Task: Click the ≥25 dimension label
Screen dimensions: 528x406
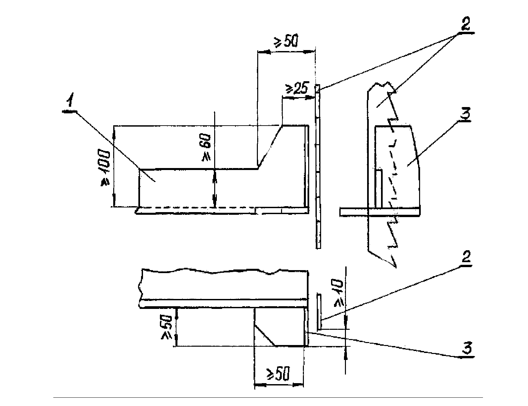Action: pyautogui.click(x=297, y=88)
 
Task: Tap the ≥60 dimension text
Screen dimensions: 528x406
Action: pyautogui.click(x=204, y=150)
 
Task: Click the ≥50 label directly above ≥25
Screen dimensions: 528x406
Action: pyautogui.click(x=286, y=41)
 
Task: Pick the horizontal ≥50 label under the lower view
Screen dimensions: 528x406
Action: pyautogui.click(x=278, y=374)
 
